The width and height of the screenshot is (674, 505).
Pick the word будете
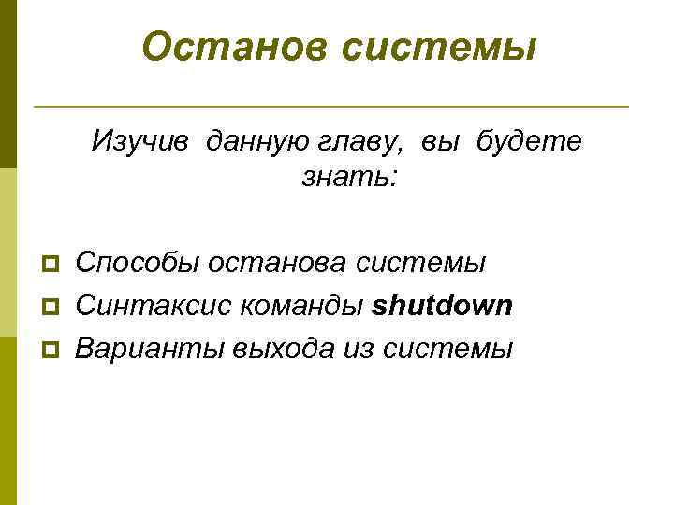pyautogui.click(x=529, y=142)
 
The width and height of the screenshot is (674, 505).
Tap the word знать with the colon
pyautogui.click(x=350, y=175)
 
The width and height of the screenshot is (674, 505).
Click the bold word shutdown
pyautogui.click(x=443, y=306)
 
